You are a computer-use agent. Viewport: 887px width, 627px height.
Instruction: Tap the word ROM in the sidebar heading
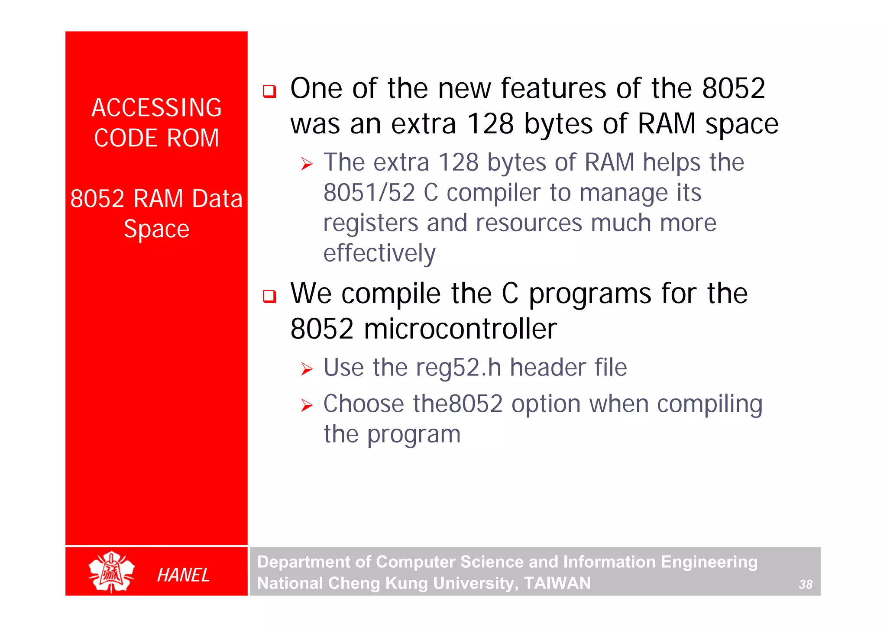point(193,138)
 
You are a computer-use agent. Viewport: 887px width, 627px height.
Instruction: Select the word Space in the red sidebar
point(156,229)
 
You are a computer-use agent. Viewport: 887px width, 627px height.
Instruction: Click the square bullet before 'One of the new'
point(269,91)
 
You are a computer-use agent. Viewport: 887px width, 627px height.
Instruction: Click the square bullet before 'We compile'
point(269,296)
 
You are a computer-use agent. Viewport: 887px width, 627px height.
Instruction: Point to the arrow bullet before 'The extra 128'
point(307,164)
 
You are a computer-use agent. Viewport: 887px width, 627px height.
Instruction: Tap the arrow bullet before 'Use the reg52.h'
point(307,369)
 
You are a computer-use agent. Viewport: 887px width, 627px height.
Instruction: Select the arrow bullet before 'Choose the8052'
point(307,406)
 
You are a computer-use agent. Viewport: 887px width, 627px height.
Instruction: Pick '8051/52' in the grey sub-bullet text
point(369,193)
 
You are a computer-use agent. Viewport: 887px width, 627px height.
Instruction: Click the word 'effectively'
point(379,253)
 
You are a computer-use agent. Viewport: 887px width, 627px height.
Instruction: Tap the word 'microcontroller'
point(460,329)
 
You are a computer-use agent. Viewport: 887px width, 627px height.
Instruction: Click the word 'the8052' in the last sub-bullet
point(457,404)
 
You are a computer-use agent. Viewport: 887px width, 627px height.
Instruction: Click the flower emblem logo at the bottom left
point(111,572)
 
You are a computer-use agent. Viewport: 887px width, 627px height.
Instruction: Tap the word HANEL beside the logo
point(183,575)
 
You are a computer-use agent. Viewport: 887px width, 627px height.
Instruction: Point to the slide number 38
point(805,584)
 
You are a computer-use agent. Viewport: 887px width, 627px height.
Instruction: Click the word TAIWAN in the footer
point(557,583)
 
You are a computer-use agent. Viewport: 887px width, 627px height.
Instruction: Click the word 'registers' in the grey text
point(370,223)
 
